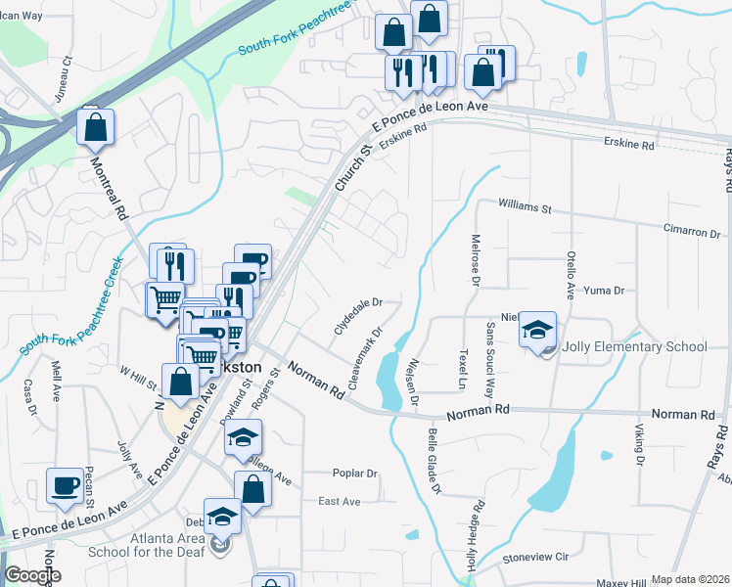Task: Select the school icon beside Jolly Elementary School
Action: [537, 332]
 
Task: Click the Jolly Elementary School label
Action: [635, 346]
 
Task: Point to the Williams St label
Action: [526, 208]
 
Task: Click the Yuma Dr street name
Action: [603, 291]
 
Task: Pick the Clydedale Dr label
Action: [357, 317]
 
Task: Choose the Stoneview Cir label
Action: [534, 557]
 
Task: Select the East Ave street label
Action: [340, 502]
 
